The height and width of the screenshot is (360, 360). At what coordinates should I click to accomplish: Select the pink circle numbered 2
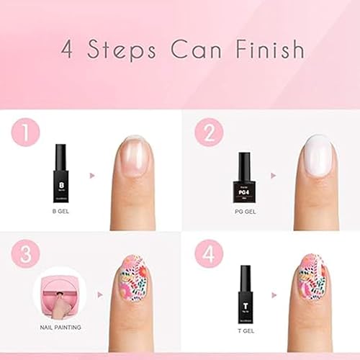[209, 133]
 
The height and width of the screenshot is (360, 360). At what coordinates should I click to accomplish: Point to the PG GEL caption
[245, 212]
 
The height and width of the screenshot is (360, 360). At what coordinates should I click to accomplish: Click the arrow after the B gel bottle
[92, 174]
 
